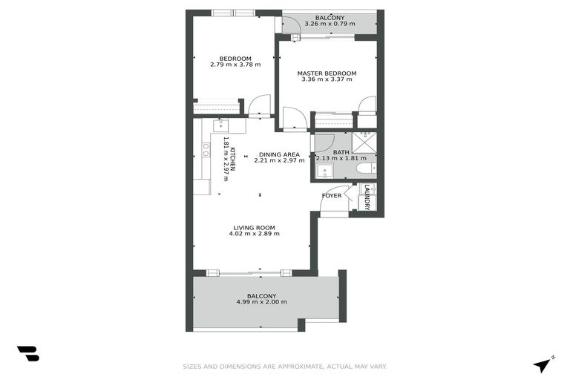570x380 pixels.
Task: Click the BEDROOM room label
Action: click(235, 59)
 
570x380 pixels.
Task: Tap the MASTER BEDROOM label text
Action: click(327, 73)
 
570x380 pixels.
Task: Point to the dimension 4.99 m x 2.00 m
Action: click(261, 302)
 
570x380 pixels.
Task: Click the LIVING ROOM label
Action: click(255, 228)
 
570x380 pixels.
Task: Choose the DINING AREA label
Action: click(279, 154)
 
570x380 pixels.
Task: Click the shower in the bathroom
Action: click(364, 140)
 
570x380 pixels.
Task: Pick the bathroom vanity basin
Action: click(323, 171)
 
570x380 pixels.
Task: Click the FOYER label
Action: click(332, 196)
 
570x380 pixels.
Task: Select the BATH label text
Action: click(341, 152)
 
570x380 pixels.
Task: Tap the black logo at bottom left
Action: click(28, 354)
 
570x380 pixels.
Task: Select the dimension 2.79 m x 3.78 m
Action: click(235, 65)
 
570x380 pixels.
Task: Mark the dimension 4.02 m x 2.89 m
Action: click(255, 235)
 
